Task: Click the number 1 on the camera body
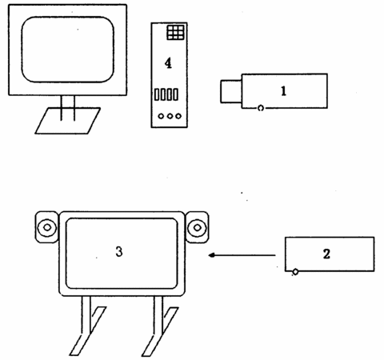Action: click(283, 91)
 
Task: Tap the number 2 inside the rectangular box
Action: click(326, 254)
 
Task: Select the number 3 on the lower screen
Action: click(119, 251)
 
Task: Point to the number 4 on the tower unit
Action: click(168, 63)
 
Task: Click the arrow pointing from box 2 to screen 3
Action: click(242, 255)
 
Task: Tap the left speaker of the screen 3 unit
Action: click(46, 227)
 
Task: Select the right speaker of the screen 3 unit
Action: click(197, 227)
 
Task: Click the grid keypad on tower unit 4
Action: click(176, 32)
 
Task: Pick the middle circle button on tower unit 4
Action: click(170, 116)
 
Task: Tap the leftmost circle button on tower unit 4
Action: click(161, 116)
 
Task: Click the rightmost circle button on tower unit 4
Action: click(178, 116)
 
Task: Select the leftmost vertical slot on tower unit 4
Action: click(157, 94)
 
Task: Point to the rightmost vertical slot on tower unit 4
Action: click(175, 94)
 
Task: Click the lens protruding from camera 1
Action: click(231, 91)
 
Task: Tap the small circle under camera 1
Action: click(261, 108)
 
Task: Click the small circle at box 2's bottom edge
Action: click(295, 272)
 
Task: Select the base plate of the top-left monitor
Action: click(68, 121)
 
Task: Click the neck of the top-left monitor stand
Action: click(68, 108)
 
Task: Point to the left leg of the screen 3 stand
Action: click(87, 326)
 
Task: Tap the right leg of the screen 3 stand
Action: click(159, 326)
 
